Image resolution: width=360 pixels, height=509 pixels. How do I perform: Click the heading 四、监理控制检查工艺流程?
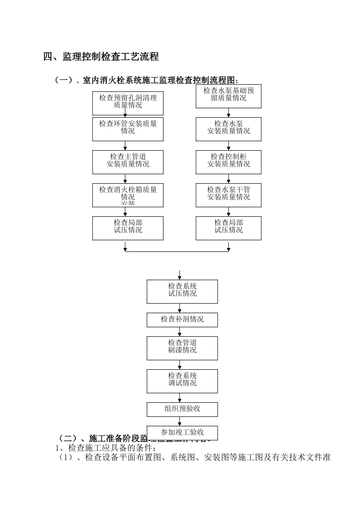tap(101, 57)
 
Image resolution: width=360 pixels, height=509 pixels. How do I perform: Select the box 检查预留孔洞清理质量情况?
tap(128, 103)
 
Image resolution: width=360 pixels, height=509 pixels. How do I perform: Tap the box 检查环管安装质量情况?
tap(128, 129)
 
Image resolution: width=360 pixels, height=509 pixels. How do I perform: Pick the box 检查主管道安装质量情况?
tap(128, 162)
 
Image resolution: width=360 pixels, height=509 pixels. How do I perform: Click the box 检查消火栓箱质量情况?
tap(128, 195)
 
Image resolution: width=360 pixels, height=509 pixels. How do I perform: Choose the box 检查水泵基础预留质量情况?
tap(229, 97)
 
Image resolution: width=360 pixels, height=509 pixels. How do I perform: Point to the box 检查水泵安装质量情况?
tap(229, 129)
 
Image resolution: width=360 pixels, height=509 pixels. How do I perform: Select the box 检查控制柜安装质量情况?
tap(229, 162)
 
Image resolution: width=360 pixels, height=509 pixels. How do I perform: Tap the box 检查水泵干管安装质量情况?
tap(229, 195)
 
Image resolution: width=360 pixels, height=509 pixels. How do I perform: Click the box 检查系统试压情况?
tap(182, 292)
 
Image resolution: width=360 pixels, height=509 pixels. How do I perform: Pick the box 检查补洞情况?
tap(182, 320)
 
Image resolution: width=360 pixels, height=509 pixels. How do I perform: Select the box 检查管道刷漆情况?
tap(182, 348)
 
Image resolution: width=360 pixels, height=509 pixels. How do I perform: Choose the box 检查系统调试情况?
tap(182, 381)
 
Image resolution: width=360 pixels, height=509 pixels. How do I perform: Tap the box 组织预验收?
tap(182, 409)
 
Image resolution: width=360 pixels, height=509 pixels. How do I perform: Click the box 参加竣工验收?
tap(182, 432)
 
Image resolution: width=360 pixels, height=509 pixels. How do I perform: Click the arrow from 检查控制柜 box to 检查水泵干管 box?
tap(229, 179)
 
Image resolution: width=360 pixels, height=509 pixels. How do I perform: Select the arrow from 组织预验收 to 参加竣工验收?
tap(180, 421)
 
